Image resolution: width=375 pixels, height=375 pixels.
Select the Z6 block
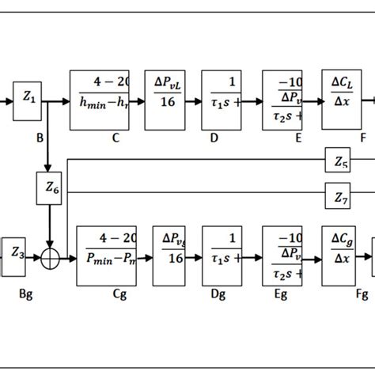click(49, 189)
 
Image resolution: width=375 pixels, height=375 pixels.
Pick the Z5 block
click(340, 162)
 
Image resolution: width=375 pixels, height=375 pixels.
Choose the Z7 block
click(340, 198)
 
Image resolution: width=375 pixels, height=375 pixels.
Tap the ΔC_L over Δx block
click(341, 100)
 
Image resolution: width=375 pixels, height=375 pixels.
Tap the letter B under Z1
click(39, 136)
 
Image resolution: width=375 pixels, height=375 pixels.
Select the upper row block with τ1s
click(222, 100)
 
